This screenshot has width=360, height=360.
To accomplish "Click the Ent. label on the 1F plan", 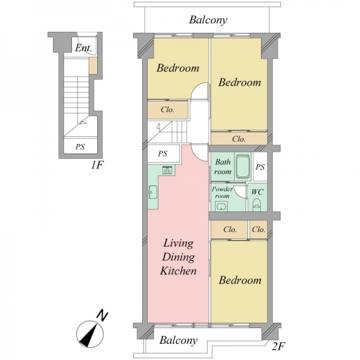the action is (x=83, y=48).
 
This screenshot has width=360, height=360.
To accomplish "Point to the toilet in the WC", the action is (x=256, y=205).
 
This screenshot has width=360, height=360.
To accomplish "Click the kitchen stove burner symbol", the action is (x=167, y=170).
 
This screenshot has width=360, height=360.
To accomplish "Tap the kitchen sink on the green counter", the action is (x=153, y=192).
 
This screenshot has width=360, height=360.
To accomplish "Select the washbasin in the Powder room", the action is (x=221, y=206).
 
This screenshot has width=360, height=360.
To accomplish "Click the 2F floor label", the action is (x=279, y=346).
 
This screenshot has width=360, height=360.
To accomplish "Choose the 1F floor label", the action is (x=98, y=164).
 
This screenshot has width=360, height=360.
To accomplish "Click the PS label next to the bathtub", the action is (x=260, y=167).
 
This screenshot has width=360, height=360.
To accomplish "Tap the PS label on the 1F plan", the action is (x=80, y=146).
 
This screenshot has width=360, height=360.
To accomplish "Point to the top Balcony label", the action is (x=208, y=20).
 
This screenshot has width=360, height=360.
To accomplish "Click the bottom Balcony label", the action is (x=178, y=340).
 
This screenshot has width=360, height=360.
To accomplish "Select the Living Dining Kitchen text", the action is (x=178, y=257).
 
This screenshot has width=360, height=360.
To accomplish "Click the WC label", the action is (x=257, y=192).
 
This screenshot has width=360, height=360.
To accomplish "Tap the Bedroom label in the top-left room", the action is (x=178, y=68).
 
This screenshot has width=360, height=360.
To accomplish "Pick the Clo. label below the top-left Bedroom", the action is (x=167, y=110).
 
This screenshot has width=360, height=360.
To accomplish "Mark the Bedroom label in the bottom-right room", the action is (x=240, y=280).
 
